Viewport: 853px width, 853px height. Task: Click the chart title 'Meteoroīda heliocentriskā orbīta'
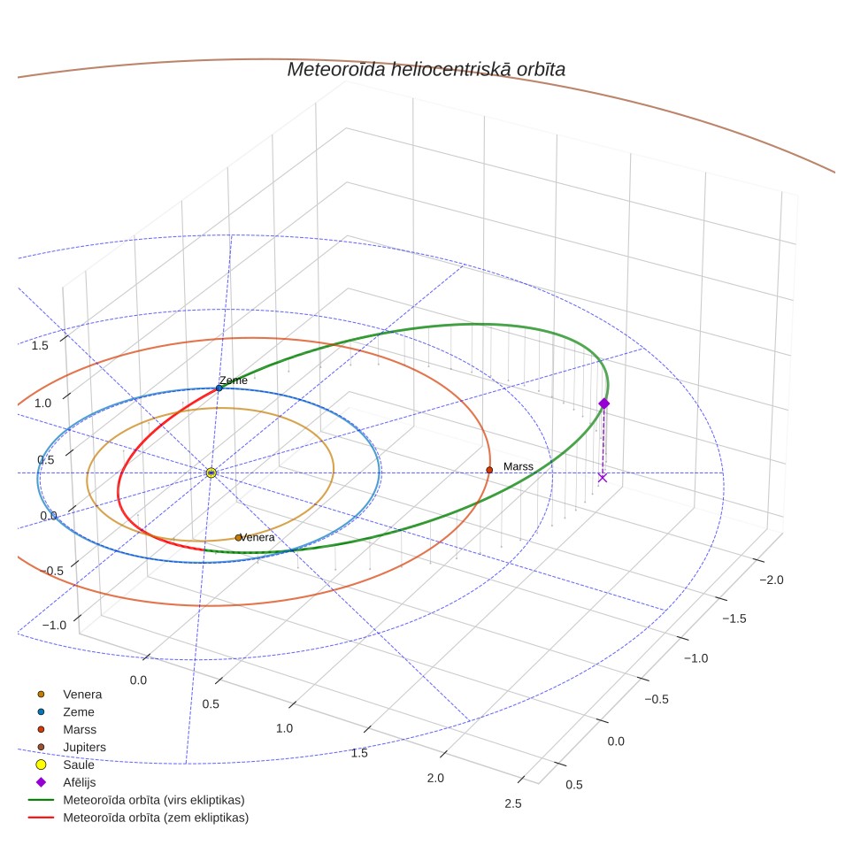click(426, 70)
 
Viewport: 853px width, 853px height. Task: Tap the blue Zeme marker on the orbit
click(219, 388)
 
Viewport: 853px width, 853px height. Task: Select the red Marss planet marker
click(489, 470)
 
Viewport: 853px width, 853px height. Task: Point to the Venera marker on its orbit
click(238, 537)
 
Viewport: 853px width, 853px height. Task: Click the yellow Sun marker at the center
click(211, 473)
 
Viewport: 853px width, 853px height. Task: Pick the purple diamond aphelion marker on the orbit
click(603, 403)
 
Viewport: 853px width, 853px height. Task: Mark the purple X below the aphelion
click(603, 478)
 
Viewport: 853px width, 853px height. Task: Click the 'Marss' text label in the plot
click(518, 466)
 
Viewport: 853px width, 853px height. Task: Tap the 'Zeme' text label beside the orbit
click(234, 380)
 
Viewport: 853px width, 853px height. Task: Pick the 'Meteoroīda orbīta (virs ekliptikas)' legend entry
click(136, 800)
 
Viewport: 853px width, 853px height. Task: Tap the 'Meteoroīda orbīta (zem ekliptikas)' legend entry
click(138, 818)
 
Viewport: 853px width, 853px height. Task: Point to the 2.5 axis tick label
click(513, 803)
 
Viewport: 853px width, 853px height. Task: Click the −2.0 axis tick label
click(772, 580)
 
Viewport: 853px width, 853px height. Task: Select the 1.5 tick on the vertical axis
click(40, 345)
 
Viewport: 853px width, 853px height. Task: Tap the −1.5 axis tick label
click(734, 619)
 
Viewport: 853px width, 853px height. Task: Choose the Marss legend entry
click(67, 729)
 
